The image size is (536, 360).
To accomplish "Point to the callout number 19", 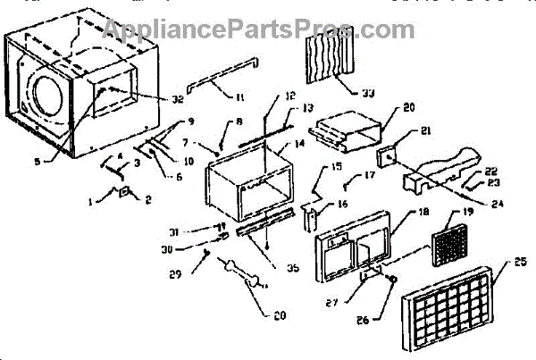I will [x=467, y=214].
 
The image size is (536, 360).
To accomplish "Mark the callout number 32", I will [x=177, y=99].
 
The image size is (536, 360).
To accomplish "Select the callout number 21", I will [x=425, y=131].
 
